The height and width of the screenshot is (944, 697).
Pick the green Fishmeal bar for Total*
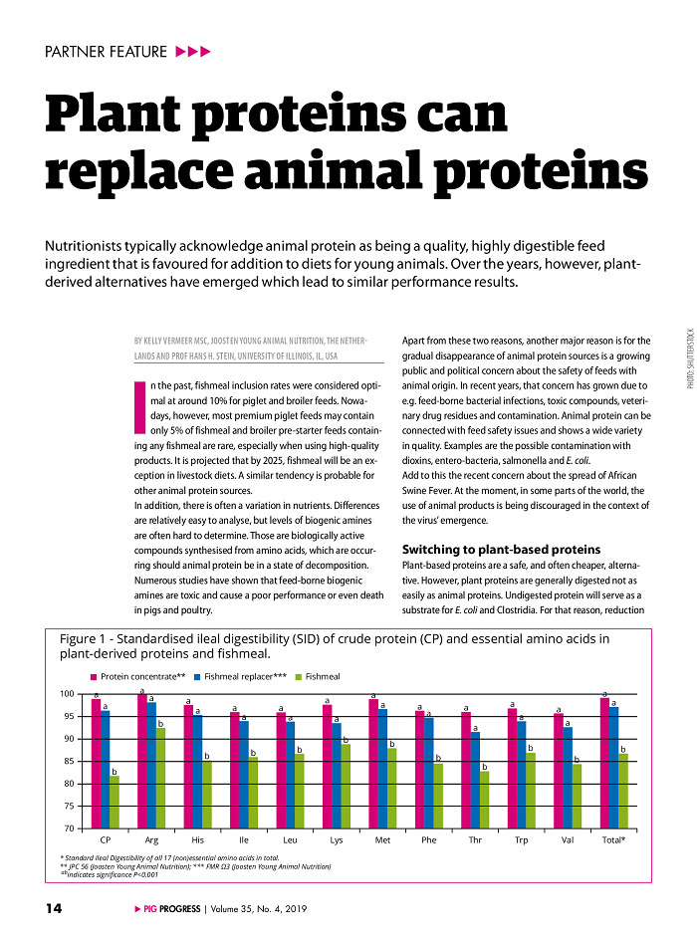point(623,791)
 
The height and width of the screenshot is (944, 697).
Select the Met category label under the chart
point(381,840)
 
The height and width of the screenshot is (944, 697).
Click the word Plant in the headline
point(124,117)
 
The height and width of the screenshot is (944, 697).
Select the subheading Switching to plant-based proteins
point(500,550)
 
